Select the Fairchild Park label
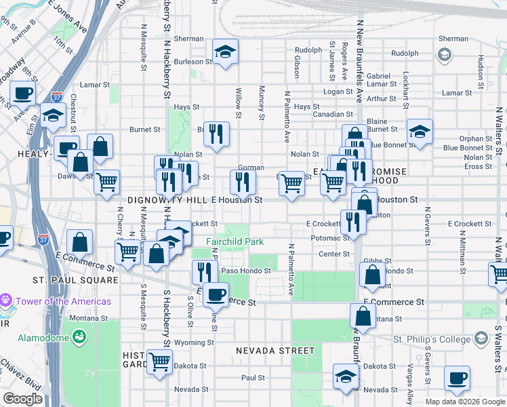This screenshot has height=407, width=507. [235, 241]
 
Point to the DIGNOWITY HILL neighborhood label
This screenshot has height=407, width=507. [167, 201]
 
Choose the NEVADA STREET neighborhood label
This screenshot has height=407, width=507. [275, 351]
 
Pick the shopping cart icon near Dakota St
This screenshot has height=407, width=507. [159, 361]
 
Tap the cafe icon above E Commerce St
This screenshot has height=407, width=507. [216, 294]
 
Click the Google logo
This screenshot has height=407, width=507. [22, 399]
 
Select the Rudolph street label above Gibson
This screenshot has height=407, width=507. [308, 50]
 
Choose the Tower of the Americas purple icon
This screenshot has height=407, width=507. [7, 299]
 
